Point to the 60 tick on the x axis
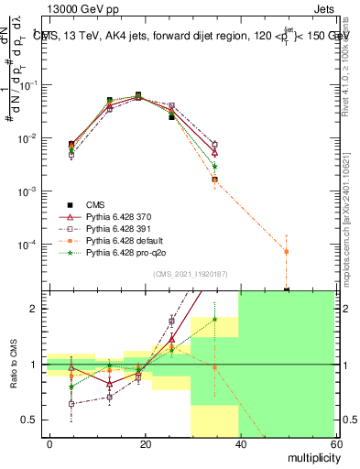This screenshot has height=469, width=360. point(336,443)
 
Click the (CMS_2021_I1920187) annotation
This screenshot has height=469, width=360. point(191,274)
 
